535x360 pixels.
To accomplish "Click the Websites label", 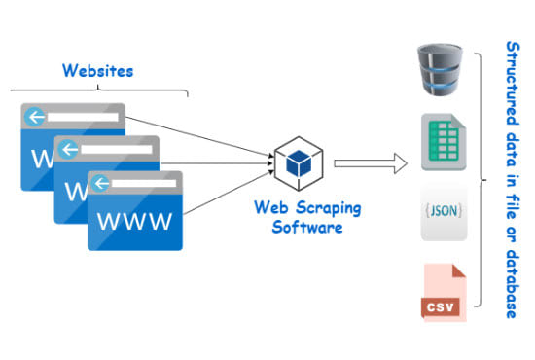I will (97, 70).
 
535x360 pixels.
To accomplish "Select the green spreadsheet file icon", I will (440, 142).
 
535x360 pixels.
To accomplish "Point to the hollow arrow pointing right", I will (370, 163).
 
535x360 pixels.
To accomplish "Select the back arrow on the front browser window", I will (101, 183).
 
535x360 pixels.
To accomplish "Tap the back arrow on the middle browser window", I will (69, 150).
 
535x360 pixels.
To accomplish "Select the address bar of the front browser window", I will (144, 183).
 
